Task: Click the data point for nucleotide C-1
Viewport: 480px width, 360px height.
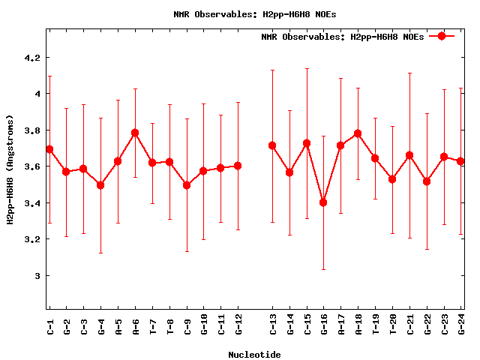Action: pyautogui.click(x=49, y=149)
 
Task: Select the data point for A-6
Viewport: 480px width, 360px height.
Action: pyautogui.click(x=135, y=133)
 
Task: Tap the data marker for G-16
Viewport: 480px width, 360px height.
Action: pyautogui.click(x=323, y=202)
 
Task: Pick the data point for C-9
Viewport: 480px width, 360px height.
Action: pyautogui.click(x=187, y=185)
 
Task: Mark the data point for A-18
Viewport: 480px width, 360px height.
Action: pyautogui.click(x=358, y=133)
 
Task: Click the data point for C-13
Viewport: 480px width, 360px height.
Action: pyautogui.click(x=272, y=145)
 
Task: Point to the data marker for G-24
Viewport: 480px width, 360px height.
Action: pyautogui.click(x=460, y=161)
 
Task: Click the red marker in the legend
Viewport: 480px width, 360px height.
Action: pyautogui.click(x=442, y=36)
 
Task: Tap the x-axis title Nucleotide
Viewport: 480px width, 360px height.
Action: pyautogui.click(x=254, y=355)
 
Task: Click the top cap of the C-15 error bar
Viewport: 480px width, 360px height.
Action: pyautogui.click(x=307, y=68)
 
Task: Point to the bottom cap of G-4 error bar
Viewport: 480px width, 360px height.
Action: pyautogui.click(x=100, y=253)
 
